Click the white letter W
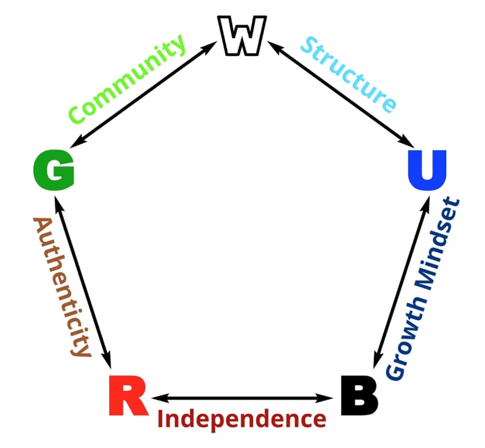tap(242, 36)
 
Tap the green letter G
tap(54, 171)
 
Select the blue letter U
tap(426, 170)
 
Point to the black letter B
tap(359, 396)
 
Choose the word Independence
tap(241, 418)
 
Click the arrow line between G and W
tap(145, 96)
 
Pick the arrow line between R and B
tap(241, 398)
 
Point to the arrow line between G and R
tap(81, 279)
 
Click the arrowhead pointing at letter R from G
tap(106, 354)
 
